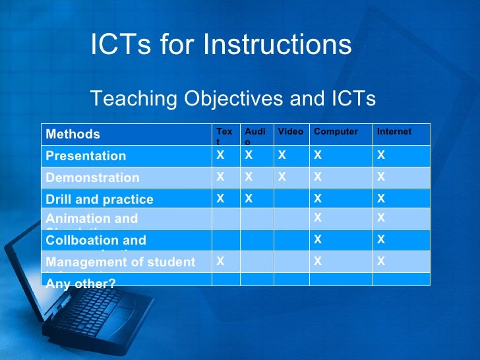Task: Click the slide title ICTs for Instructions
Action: [x=221, y=45]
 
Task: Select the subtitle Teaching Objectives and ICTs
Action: [x=233, y=99]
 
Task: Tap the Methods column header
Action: [x=73, y=135]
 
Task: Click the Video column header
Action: [x=290, y=132]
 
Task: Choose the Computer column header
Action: [x=336, y=132]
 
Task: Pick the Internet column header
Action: [x=394, y=132]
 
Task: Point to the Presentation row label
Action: [x=86, y=156]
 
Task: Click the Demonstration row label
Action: [x=92, y=177]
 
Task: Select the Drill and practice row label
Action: [x=99, y=199]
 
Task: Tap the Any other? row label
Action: [x=80, y=283]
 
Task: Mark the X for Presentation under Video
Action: [x=282, y=156]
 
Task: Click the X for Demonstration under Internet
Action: [x=380, y=177]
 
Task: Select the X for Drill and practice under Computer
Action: [x=318, y=198]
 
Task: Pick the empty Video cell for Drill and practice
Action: [x=291, y=198]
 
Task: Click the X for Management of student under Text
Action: [x=220, y=261]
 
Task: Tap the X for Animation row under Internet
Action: [x=380, y=217]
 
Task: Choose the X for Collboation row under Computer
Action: [x=318, y=239]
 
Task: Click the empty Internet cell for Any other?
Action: [x=401, y=280]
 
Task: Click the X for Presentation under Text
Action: [x=220, y=156]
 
